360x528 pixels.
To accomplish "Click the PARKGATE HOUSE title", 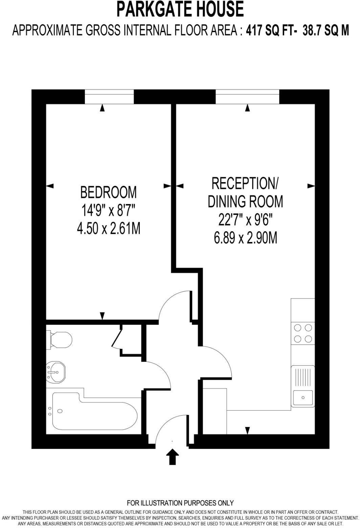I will pyautogui.click(x=180, y=9).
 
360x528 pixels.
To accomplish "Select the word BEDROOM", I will pyautogui.click(x=108, y=192).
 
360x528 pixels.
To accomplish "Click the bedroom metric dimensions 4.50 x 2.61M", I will pyautogui.click(x=108, y=229).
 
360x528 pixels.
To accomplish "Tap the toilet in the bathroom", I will pyautogui.click(x=60, y=339).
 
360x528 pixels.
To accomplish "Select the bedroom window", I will pyautogui.click(x=109, y=97).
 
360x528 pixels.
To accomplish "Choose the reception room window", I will pyautogui.click(x=247, y=97).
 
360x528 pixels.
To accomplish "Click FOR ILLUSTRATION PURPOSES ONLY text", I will pyautogui.click(x=180, y=503).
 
